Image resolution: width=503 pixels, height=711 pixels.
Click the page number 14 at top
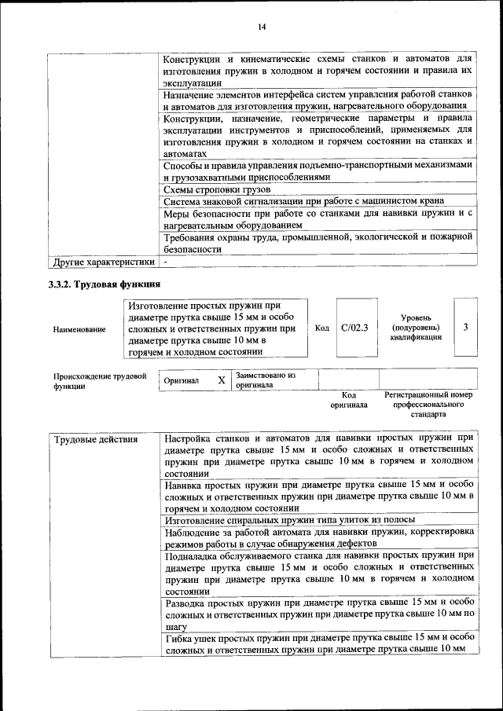262,27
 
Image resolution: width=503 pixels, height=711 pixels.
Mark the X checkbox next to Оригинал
222,380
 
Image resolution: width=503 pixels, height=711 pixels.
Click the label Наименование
79,330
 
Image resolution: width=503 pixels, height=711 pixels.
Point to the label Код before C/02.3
321,328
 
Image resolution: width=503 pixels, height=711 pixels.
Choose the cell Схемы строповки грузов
217,190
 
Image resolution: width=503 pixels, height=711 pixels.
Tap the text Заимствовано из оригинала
266,380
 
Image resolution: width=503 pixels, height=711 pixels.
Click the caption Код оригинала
349,399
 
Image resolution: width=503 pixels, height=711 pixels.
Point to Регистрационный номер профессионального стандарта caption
428,404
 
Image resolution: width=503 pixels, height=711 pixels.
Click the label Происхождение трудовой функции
100,381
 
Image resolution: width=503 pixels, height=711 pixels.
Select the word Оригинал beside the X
181,381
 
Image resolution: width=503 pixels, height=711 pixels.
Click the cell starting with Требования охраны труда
318,242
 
